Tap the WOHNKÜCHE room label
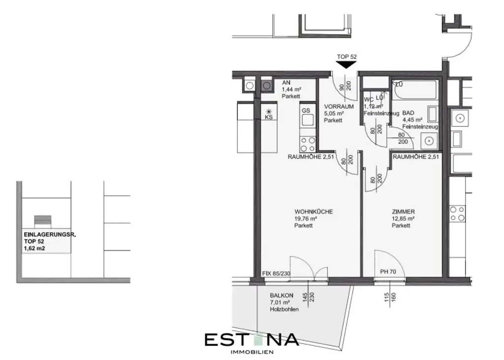(314, 211)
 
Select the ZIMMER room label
(403, 211)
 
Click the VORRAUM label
(339, 106)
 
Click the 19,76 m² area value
(306, 219)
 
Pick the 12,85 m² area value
(403, 219)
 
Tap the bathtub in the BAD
(416, 90)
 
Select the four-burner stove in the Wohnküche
(308, 144)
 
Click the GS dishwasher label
(306, 111)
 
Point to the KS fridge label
(269, 118)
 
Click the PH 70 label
(388, 271)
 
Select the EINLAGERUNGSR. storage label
(49, 236)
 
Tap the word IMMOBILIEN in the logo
(252, 352)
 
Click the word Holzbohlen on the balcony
(284, 309)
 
